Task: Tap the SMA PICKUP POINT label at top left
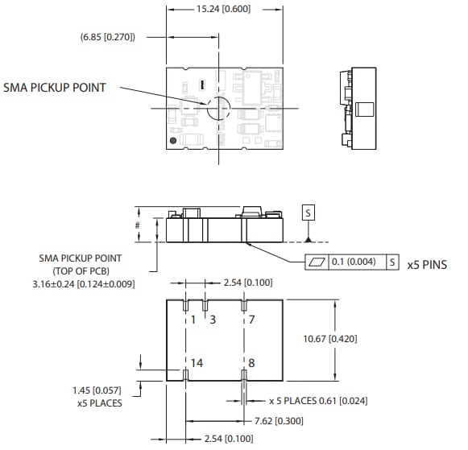click(55, 87)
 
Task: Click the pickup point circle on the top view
click(217, 109)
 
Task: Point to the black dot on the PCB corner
click(172, 142)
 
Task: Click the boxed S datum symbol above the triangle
click(308, 213)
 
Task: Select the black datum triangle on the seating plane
click(308, 239)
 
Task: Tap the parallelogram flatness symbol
click(320, 262)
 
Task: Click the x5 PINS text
click(427, 263)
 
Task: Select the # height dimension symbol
click(138, 226)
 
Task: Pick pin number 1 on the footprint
click(193, 320)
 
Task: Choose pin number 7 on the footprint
click(251, 320)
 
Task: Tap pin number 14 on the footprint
click(197, 363)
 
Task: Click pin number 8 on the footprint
click(251, 363)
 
